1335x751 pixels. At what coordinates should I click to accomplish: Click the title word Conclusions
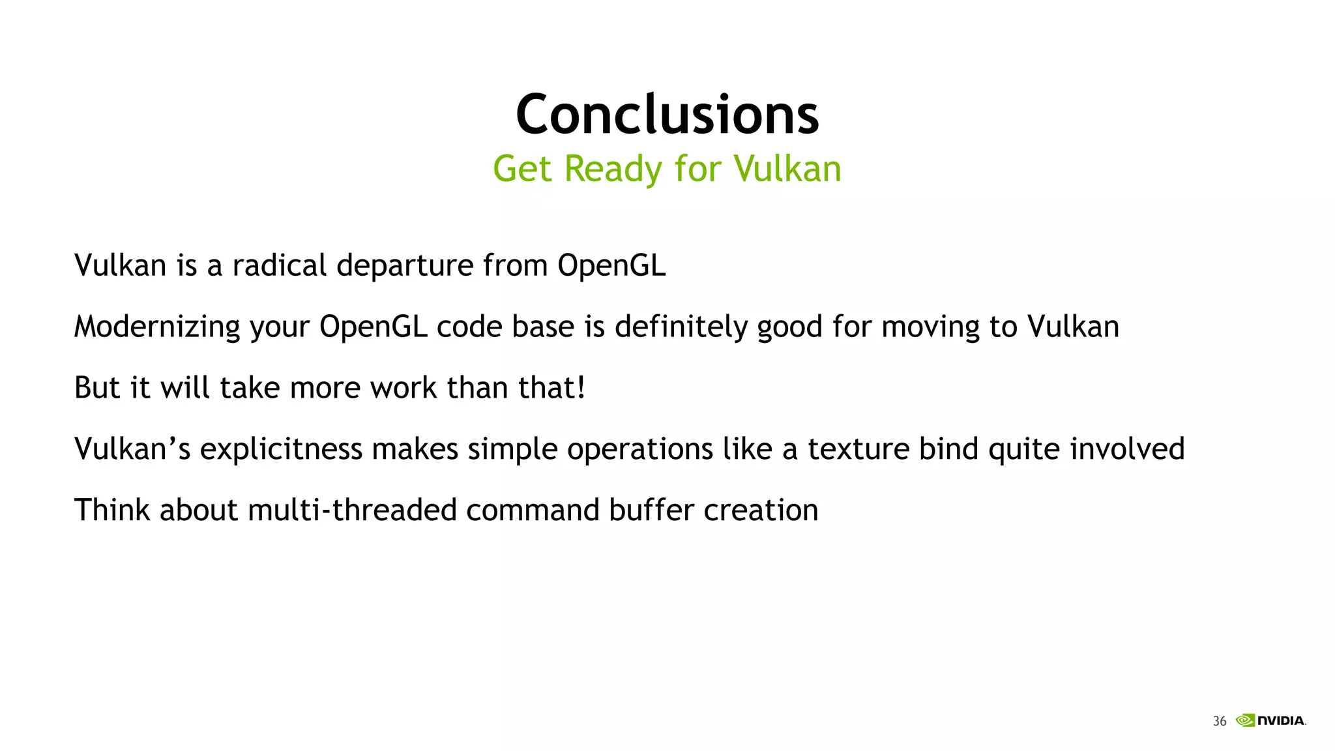(x=667, y=115)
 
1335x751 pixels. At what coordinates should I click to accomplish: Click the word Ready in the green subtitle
(x=613, y=169)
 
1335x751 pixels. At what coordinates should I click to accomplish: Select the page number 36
(x=1219, y=721)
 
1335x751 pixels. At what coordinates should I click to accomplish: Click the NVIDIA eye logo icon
(x=1245, y=720)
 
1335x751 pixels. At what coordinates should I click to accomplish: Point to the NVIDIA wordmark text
(x=1281, y=720)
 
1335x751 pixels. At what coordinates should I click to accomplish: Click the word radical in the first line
(x=279, y=265)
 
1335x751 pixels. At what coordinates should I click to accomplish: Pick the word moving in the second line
(x=930, y=327)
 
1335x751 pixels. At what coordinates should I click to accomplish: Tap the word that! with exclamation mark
(x=551, y=388)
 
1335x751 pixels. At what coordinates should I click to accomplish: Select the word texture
(x=858, y=449)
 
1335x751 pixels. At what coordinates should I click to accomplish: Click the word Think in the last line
(x=111, y=510)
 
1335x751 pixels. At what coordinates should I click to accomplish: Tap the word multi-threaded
(x=352, y=510)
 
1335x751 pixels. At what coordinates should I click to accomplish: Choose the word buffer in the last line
(x=651, y=510)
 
